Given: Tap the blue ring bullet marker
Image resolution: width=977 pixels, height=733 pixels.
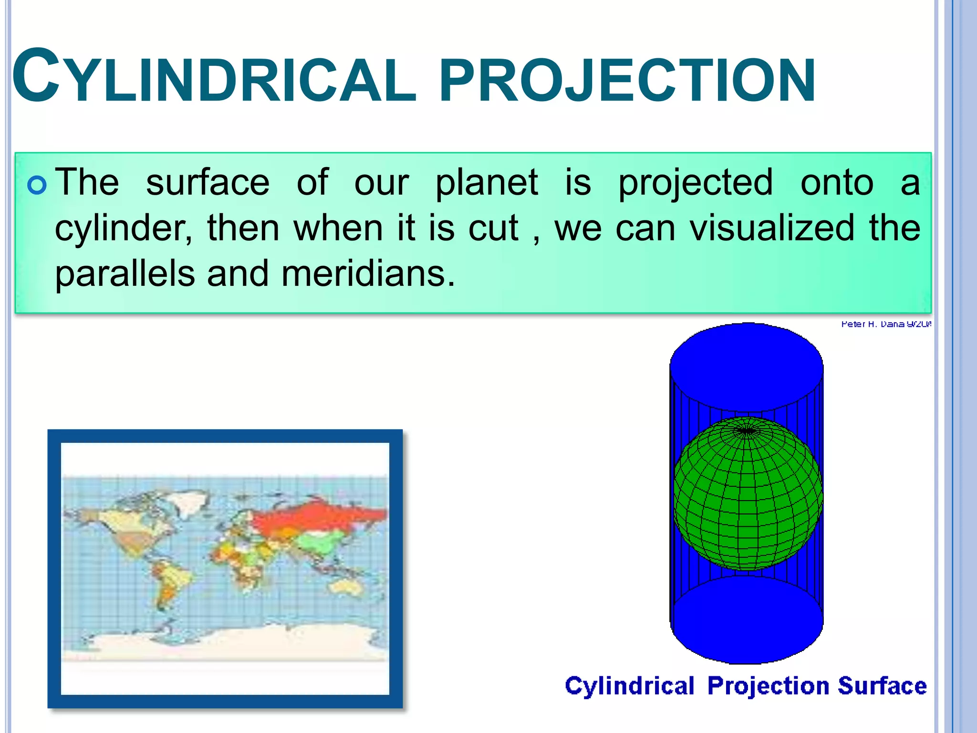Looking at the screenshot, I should [x=38, y=186].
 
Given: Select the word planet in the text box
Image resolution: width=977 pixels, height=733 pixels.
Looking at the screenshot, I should [x=487, y=183].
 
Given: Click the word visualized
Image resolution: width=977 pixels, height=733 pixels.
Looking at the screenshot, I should [x=772, y=228].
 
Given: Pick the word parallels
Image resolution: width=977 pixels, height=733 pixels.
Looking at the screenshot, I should [x=125, y=274].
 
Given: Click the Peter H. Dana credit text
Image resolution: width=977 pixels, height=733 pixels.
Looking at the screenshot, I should [x=885, y=324].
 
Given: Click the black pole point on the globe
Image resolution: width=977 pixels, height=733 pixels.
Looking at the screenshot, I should [x=746, y=431].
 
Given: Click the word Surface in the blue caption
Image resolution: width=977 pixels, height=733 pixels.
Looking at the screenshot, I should [x=882, y=686].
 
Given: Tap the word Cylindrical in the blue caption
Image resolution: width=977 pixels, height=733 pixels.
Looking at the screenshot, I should [x=629, y=686].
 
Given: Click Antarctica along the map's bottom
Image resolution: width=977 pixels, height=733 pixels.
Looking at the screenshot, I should [x=229, y=642].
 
